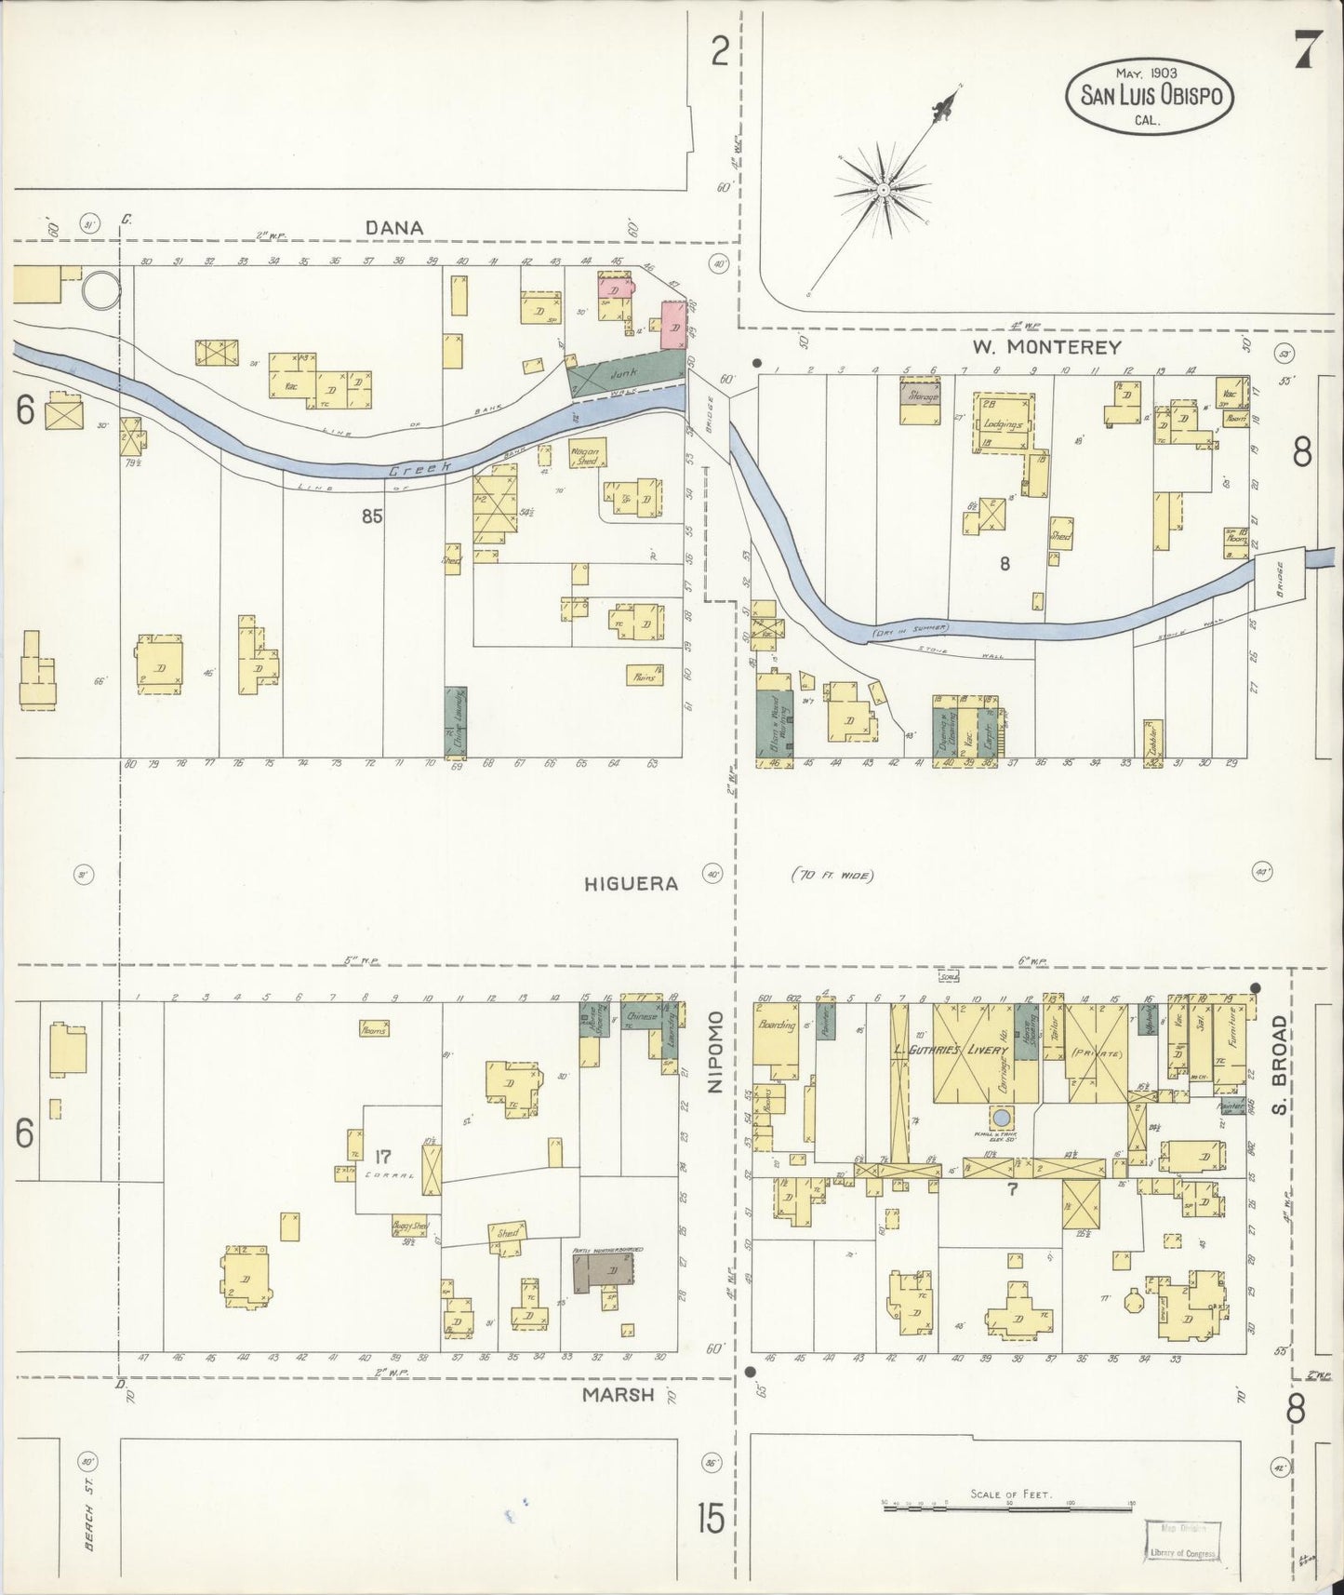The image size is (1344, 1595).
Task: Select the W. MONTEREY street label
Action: click(1046, 347)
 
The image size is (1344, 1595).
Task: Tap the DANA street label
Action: click(394, 228)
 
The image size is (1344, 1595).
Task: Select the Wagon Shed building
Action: click(588, 455)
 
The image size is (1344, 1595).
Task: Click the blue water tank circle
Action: click(1001, 1117)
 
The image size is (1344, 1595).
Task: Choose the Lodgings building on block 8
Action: click(1003, 422)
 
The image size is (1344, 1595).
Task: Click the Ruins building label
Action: click(644, 677)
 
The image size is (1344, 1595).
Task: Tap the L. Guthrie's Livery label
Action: click(951, 1051)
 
